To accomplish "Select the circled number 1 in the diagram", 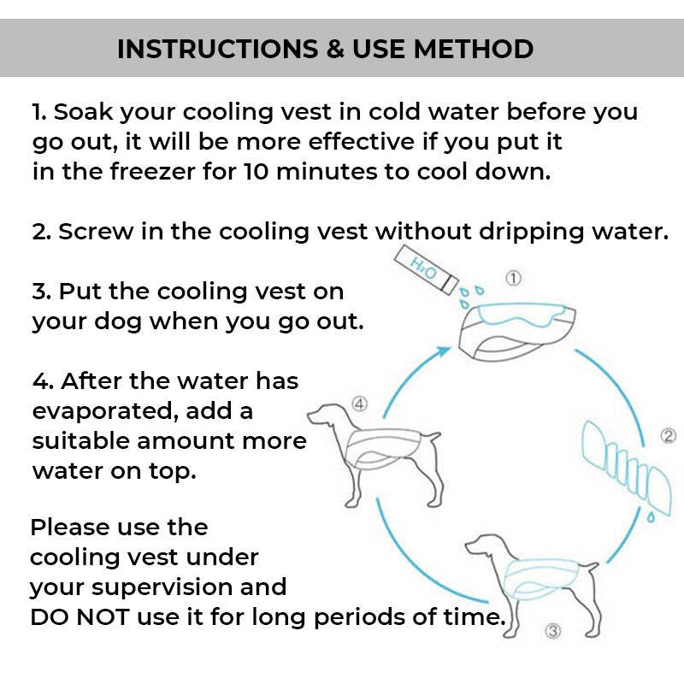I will [x=514, y=278].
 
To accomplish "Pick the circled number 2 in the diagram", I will [x=669, y=437].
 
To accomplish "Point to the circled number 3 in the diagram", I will [x=552, y=632].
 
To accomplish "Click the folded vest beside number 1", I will [x=506, y=330].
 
